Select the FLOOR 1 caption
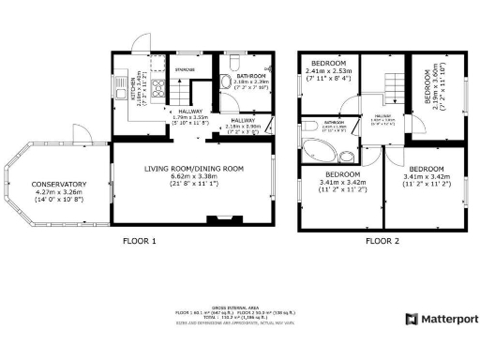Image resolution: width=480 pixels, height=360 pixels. tap(140, 240)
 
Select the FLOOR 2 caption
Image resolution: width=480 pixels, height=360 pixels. tap(382, 240)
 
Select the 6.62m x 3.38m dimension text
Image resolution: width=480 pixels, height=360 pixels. tap(194, 176)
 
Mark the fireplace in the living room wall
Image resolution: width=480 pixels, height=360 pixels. tap(220, 222)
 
